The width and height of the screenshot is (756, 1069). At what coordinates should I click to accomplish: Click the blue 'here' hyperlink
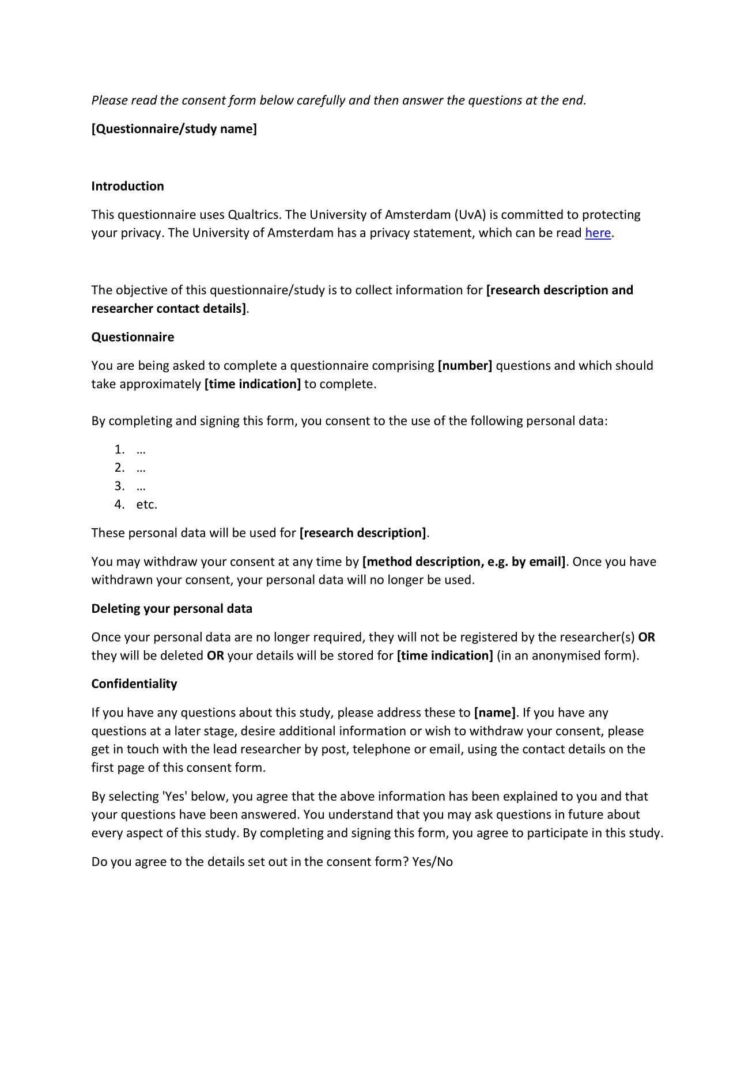[x=598, y=233]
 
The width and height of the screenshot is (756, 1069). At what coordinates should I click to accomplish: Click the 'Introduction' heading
[x=127, y=186]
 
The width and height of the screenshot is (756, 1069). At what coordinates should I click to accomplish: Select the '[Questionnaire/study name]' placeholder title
[x=174, y=129]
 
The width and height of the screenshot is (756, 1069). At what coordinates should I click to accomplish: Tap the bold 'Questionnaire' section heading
[x=133, y=337]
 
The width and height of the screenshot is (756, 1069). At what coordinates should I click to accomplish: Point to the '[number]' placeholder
[x=465, y=366]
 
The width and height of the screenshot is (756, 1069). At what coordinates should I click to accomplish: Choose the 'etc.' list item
[x=146, y=505]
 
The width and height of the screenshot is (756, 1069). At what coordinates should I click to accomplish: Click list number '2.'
[x=119, y=468]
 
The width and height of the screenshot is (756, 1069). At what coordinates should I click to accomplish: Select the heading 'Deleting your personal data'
[x=172, y=609]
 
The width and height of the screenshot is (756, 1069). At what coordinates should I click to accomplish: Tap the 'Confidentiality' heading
[x=134, y=684]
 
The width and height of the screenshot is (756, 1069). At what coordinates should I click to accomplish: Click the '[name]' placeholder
[x=495, y=713]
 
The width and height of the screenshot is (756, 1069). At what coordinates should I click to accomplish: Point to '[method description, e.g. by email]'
[x=464, y=562]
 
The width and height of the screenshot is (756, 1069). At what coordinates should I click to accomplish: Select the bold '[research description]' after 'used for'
[x=363, y=533]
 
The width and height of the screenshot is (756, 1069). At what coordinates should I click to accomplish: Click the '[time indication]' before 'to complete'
[x=252, y=384]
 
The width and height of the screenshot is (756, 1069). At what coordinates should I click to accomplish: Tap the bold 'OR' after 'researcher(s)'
[x=647, y=638]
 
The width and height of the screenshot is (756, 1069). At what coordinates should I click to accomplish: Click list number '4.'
[x=119, y=505]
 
